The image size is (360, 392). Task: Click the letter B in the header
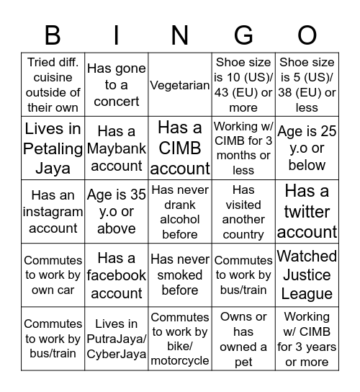[53, 35]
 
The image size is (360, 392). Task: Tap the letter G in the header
[243, 35]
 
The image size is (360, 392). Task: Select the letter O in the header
[307, 35]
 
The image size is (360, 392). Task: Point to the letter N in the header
[180, 35]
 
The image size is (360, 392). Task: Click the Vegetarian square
[180, 85]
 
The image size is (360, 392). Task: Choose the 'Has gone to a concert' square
[117, 85]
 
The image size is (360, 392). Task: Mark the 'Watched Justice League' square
[307, 275]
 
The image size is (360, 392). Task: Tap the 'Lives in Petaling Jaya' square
[53, 148]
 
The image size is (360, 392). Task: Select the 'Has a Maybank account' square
[117, 148]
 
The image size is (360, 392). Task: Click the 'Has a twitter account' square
[307, 211]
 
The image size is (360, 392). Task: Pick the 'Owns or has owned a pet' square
[243, 338]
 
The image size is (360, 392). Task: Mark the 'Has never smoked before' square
[180, 275]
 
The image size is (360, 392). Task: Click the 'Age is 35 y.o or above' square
[117, 211]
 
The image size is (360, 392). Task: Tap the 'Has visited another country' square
[243, 211]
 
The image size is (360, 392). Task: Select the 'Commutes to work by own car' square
[53, 275]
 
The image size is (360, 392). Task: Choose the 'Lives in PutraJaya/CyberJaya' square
[117, 338]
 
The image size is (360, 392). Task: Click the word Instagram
[53, 211]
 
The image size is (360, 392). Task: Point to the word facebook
[117, 275]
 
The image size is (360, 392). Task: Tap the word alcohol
[180, 219]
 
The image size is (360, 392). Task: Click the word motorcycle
[180, 360]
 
